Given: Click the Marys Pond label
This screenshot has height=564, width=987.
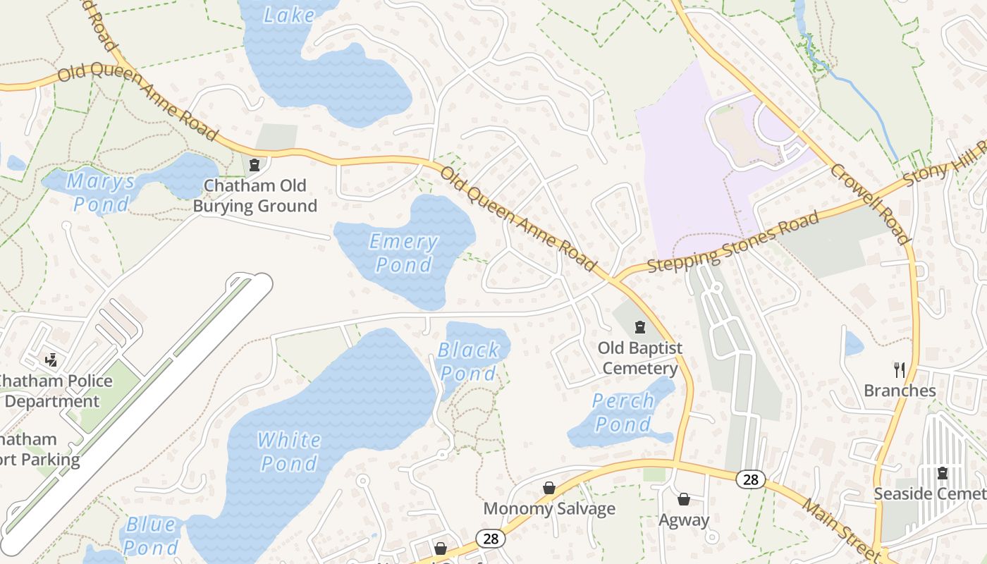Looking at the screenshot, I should tap(102, 192).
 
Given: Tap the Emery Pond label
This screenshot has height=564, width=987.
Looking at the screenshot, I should tap(403, 253).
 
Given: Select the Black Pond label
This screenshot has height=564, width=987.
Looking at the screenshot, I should tap(468, 361).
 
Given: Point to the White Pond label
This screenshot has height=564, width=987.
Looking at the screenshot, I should tap(289, 451).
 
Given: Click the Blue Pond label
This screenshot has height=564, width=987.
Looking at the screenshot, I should tap(151, 536).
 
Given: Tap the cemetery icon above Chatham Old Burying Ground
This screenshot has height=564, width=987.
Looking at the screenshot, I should tap(255, 165).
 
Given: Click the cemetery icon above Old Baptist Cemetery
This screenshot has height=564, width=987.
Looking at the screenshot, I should tap(640, 327).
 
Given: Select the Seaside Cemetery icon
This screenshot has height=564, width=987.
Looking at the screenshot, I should tap(942, 473).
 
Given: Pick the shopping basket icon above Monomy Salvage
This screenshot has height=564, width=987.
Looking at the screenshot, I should tap(549, 488).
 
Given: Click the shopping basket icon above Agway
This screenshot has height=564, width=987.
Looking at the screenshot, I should tap(683, 499).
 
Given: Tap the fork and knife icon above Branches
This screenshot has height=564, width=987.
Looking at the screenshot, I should tap(900, 369).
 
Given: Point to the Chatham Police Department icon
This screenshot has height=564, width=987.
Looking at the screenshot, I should tap(51, 360).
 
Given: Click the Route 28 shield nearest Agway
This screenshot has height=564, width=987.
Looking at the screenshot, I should tap(750, 480).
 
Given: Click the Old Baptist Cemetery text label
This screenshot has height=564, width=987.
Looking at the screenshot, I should tap(640, 358).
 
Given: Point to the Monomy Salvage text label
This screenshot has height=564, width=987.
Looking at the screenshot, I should tap(549, 509).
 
